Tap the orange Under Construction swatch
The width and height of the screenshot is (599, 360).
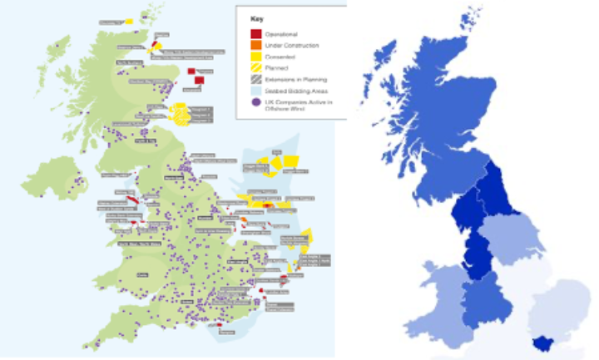[x=256, y=45]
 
